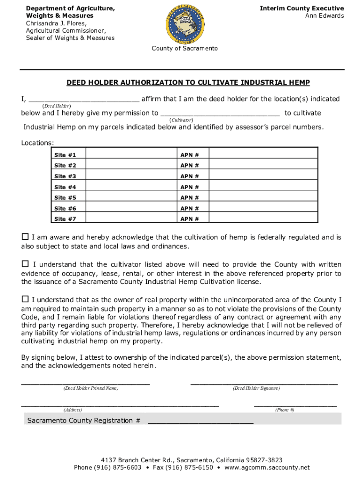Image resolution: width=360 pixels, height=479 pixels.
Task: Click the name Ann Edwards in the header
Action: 324,16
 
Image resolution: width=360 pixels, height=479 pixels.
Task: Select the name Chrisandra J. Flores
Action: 56,23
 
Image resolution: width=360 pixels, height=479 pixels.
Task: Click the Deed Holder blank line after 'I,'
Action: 84,99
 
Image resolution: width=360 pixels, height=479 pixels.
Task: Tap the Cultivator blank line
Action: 220,113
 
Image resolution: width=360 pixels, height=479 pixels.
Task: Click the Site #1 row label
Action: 65,155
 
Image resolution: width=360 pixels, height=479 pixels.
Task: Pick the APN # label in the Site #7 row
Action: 190,219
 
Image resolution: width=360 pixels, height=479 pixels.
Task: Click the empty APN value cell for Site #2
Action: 263,166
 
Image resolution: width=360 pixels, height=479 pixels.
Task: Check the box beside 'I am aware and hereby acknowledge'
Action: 25,237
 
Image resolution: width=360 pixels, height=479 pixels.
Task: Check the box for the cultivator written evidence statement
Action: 25,264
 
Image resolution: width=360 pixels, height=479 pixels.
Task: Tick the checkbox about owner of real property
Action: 25,299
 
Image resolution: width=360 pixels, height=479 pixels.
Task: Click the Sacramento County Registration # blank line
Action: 201,421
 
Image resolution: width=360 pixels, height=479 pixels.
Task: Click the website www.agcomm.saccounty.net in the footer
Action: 267,467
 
